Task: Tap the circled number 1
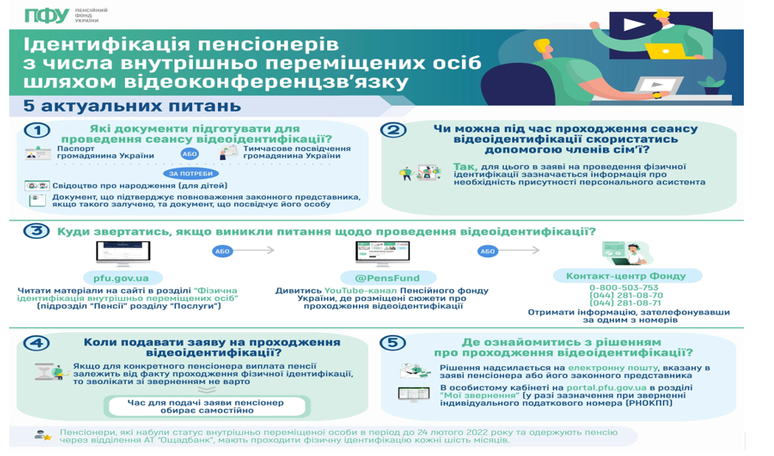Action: point(36,131)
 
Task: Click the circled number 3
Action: point(34,231)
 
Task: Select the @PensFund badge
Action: point(387,278)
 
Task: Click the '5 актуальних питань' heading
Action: point(132,106)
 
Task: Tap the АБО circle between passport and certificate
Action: point(190,154)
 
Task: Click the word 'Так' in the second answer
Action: point(464,166)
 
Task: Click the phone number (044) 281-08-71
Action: point(625,303)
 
